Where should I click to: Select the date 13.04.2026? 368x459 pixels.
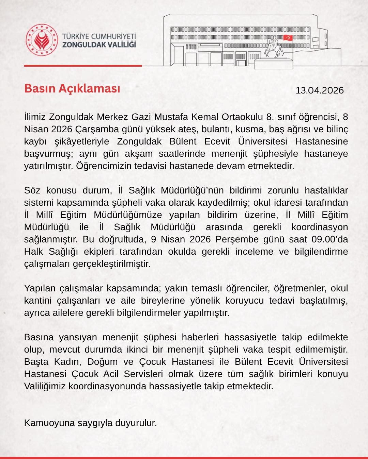tap(320, 90)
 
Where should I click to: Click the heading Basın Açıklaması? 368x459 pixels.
tap(72, 88)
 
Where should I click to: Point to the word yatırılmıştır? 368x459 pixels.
tap(43, 166)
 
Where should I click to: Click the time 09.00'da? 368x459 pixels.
tap(329, 239)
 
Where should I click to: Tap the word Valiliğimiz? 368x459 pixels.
tap(45, 386)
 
